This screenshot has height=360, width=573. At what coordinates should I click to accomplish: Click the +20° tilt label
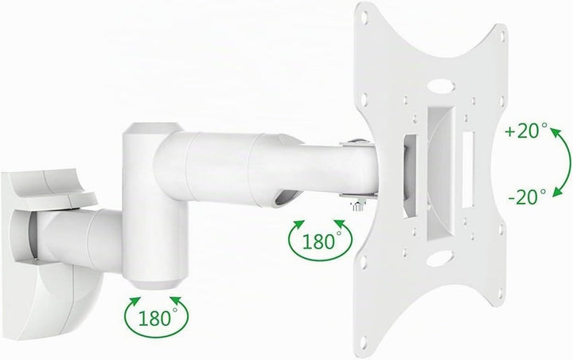pos(526,131)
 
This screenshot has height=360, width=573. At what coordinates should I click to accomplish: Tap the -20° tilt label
pos(527,198)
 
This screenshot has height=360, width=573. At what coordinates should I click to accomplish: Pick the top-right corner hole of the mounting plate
pos(504,37)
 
